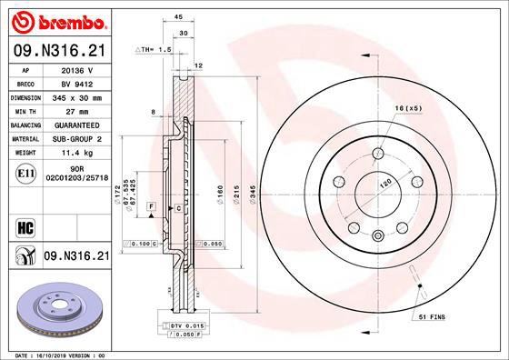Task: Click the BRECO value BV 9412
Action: coord(77,82)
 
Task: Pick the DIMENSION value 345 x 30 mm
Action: coord(77,96)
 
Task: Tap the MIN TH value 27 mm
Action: coord(77,110)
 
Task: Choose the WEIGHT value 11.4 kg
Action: coord(77,155)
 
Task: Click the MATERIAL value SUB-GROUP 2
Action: coord(77,140)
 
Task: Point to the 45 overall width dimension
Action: coord(178,16)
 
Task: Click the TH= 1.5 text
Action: coord(155,49)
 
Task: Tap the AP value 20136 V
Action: coord(77,67)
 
